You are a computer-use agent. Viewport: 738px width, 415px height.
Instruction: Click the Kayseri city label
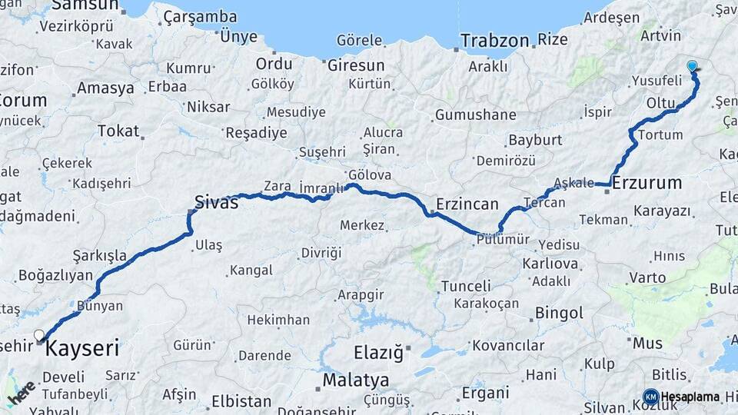pos(83,350)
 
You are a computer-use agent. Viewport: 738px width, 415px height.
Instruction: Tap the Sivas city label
pos(216,203)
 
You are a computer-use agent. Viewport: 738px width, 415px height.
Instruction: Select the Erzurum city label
pos(648,183)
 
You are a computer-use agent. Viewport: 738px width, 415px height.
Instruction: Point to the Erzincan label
pos(467,204)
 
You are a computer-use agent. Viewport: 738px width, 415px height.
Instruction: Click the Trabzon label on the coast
pos(495,40)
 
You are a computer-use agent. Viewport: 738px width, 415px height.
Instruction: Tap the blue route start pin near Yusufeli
pos(693,66)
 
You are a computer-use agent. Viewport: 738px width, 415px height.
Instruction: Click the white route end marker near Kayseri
pos(39,335)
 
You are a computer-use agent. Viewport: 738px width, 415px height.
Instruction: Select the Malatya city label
pos(355,380)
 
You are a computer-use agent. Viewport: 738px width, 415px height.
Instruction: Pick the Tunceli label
pos(466,286)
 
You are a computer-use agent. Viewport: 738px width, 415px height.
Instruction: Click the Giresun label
pos(356,65)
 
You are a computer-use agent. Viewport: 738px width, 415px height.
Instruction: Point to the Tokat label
pos(119,131)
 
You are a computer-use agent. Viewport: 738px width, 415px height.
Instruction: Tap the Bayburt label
pos(535,141)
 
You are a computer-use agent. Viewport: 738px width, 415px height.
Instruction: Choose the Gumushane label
pos(475,115)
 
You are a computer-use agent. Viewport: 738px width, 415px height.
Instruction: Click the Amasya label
pos(106,88)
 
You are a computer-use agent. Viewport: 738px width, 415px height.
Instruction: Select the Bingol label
pos(560,313)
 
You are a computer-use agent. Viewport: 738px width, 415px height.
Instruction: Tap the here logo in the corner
pos(22,393)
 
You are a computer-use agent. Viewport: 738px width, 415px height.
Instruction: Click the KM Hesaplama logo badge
pos(650,397)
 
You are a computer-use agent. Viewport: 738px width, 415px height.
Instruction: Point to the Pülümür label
pos(504,239)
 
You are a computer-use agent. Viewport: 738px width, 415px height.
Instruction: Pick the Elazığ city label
pos(377,354)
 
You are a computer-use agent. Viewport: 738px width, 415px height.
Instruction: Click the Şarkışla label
pos(99,255)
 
